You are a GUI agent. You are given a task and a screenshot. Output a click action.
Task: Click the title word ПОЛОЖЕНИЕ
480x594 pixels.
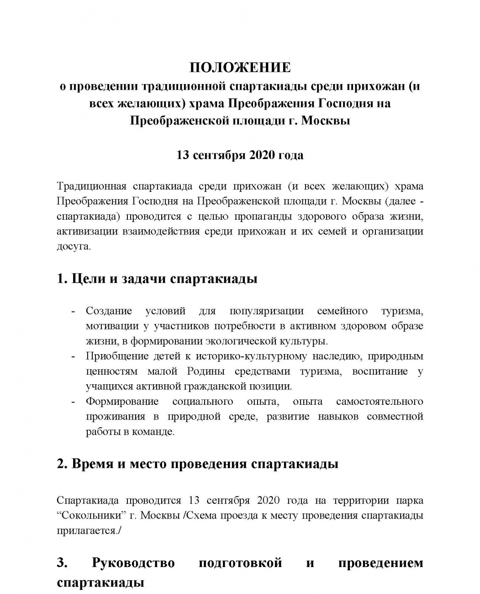[x=240, y=68]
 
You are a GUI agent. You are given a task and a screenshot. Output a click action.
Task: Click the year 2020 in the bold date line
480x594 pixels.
[x=262, y=155]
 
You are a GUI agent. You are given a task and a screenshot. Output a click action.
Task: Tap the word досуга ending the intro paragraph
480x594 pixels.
[x=73, y=246]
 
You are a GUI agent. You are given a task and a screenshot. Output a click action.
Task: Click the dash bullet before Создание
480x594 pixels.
[x=73, y=312]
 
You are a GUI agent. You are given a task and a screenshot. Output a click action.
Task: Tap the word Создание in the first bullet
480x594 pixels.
[x=109, y=312]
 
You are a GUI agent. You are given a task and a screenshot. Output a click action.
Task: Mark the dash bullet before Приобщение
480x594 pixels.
[x=73, y=356]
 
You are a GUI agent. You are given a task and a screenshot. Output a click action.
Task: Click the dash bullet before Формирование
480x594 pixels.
[x=73, y=402]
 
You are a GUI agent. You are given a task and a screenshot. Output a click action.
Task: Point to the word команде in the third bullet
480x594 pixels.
[x=155, y=432]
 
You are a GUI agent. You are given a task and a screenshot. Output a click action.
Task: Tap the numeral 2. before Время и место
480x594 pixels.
[x=62, y=464]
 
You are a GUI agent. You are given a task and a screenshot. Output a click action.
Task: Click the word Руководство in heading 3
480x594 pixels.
[x=133, y=563]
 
